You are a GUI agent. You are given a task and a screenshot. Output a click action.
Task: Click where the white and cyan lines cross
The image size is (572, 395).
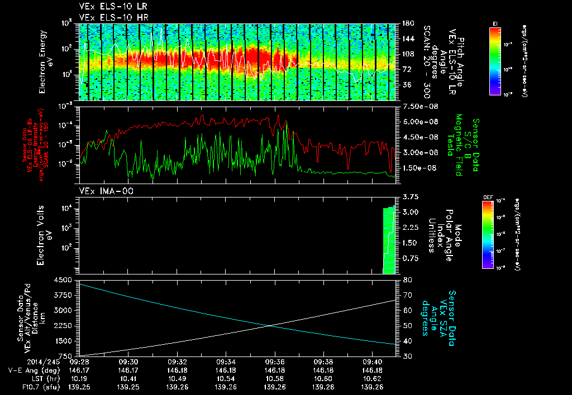(x=270, y=325)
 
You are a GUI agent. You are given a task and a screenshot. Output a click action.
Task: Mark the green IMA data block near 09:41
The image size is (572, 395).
(x=389, y=240)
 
